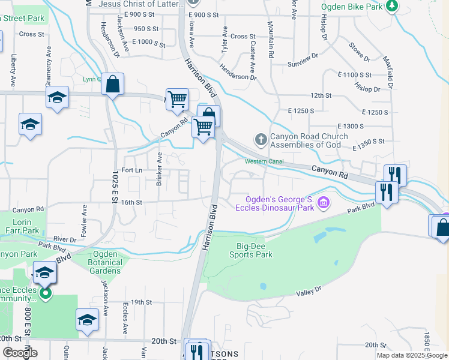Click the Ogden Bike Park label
tap(351, 7)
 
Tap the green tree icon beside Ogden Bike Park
tap(392, 6)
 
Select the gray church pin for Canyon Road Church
tap(261, 140)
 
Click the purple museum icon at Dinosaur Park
tap(324, 203)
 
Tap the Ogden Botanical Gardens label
tap(104, 266)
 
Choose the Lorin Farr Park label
tap(26, 226)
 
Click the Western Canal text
tap(264, 161)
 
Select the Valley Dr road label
tap(309, 293)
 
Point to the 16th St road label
tap(130, 203)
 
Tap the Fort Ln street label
tap(130, 170)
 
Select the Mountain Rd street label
tap(271, 39)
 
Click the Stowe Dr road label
tap(358, 52)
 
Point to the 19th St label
tap(142, 302)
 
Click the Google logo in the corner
tap(20, 353)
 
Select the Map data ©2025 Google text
tap(412, 355)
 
